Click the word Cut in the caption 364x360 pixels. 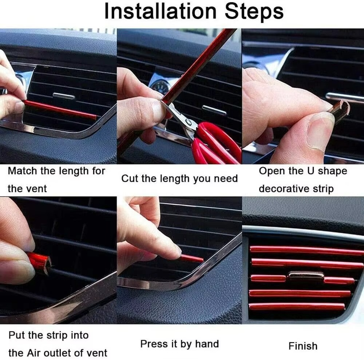[128, 179]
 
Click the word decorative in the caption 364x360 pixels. [283, 189]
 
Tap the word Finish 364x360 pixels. [303, 346]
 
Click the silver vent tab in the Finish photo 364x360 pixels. [306, 275]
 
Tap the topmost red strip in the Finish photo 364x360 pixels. [306, 250]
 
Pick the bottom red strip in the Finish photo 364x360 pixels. [297, 306]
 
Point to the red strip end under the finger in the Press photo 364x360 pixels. [192, 259]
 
